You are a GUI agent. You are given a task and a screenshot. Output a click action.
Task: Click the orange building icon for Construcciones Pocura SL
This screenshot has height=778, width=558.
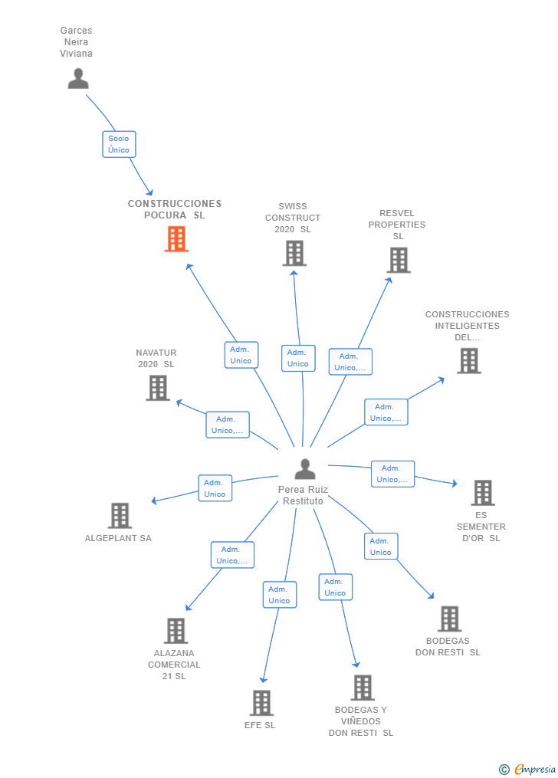(x=176, y=238)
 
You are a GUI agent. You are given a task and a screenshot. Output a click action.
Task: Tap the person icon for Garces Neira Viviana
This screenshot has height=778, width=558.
(x=78, y=78)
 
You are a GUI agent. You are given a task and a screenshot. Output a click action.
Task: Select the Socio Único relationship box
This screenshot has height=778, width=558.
(x=119, y=144)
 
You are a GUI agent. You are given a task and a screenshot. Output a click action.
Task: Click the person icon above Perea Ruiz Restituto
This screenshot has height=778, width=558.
(x=305, y=468)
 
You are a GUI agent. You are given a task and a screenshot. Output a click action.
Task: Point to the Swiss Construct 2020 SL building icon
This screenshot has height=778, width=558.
(x=294, y=253)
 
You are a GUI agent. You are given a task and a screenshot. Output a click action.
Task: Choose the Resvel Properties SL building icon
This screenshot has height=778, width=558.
(x=399, y=260)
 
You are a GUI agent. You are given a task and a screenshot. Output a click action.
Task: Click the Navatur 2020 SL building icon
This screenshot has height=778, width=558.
(x=158, y=388)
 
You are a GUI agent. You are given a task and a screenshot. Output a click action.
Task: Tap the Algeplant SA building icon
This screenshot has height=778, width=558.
(x=120, y=516)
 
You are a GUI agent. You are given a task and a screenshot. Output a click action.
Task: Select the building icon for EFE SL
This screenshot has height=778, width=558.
(x=261, y=703)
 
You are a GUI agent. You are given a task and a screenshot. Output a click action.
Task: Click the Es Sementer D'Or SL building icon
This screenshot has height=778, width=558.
(x=483, y=492)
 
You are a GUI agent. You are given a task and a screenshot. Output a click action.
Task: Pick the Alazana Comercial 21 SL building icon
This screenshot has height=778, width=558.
(x=176, y=631)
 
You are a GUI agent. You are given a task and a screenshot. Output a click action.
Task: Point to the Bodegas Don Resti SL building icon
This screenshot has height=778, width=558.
(x=450, y=619)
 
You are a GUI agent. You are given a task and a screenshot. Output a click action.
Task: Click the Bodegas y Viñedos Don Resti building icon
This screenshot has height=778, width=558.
(x=363, y=688)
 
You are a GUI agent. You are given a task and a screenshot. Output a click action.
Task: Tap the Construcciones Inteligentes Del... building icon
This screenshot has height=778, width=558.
(x=469, y=360)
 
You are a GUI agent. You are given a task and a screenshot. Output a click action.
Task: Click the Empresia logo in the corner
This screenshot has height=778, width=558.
(x=527, y=769)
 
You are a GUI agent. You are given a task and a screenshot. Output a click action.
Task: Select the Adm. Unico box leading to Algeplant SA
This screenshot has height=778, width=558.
(x=215, y=488)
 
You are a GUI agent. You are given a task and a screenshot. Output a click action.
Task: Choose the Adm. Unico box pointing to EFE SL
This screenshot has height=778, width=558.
(x=280, y=595)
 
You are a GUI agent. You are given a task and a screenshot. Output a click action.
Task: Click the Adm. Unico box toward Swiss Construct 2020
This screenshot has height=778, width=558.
(x=298, y=358)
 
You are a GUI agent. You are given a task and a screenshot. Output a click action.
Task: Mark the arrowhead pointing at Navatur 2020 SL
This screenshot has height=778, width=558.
(x=179, y=402)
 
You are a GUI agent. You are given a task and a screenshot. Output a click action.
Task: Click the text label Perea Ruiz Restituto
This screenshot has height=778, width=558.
(x=303, y=495)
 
